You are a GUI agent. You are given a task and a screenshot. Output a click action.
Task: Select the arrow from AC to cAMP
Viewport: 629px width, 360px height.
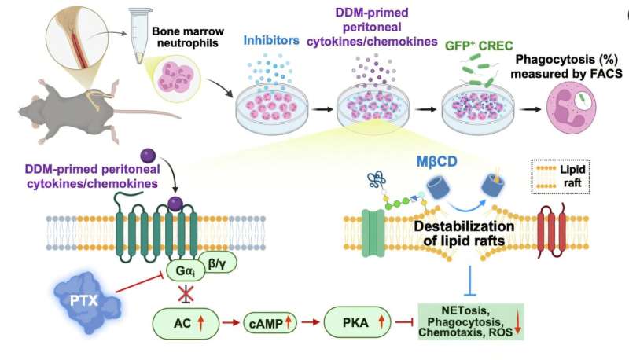(226, 323)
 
